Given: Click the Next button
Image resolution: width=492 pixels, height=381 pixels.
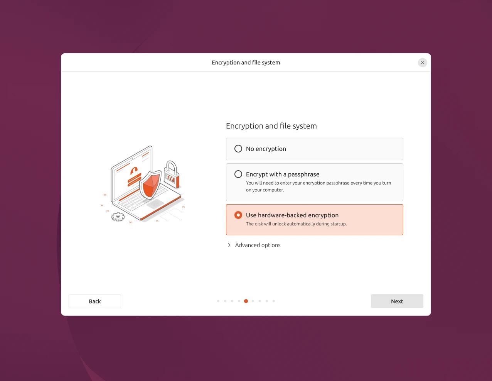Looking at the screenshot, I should (397, 301).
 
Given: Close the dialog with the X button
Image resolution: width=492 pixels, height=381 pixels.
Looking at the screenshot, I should (423, 63).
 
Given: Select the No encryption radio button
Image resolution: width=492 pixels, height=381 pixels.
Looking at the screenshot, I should (238, 149).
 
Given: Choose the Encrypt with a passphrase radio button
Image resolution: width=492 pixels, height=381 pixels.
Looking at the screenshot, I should (238, 174).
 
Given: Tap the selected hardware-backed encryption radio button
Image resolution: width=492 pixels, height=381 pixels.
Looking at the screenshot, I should (238, 215).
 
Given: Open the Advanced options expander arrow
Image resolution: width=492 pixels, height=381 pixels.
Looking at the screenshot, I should (229, 245).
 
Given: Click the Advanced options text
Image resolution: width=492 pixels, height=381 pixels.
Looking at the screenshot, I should (258, 245).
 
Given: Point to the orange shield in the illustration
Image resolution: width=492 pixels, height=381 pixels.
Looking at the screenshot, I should (150, 184).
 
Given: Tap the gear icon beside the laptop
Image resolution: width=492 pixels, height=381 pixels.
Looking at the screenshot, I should (118, 217).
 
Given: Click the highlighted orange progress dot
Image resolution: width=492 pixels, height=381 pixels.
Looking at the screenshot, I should (246, 301).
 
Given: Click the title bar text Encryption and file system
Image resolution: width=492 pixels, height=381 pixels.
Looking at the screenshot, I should (246, 63).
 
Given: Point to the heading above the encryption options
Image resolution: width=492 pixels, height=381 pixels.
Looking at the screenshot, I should (271, 126).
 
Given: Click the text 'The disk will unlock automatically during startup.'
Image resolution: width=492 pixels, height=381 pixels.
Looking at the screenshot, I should (296, 224).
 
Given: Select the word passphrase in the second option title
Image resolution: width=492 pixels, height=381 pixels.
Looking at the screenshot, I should (303, 174).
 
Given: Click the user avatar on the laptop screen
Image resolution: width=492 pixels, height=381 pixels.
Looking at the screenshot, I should (134, 170).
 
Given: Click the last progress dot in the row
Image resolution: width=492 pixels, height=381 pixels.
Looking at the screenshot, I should (274, 301).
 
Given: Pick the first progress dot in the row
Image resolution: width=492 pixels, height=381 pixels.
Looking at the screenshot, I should (218, 301).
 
